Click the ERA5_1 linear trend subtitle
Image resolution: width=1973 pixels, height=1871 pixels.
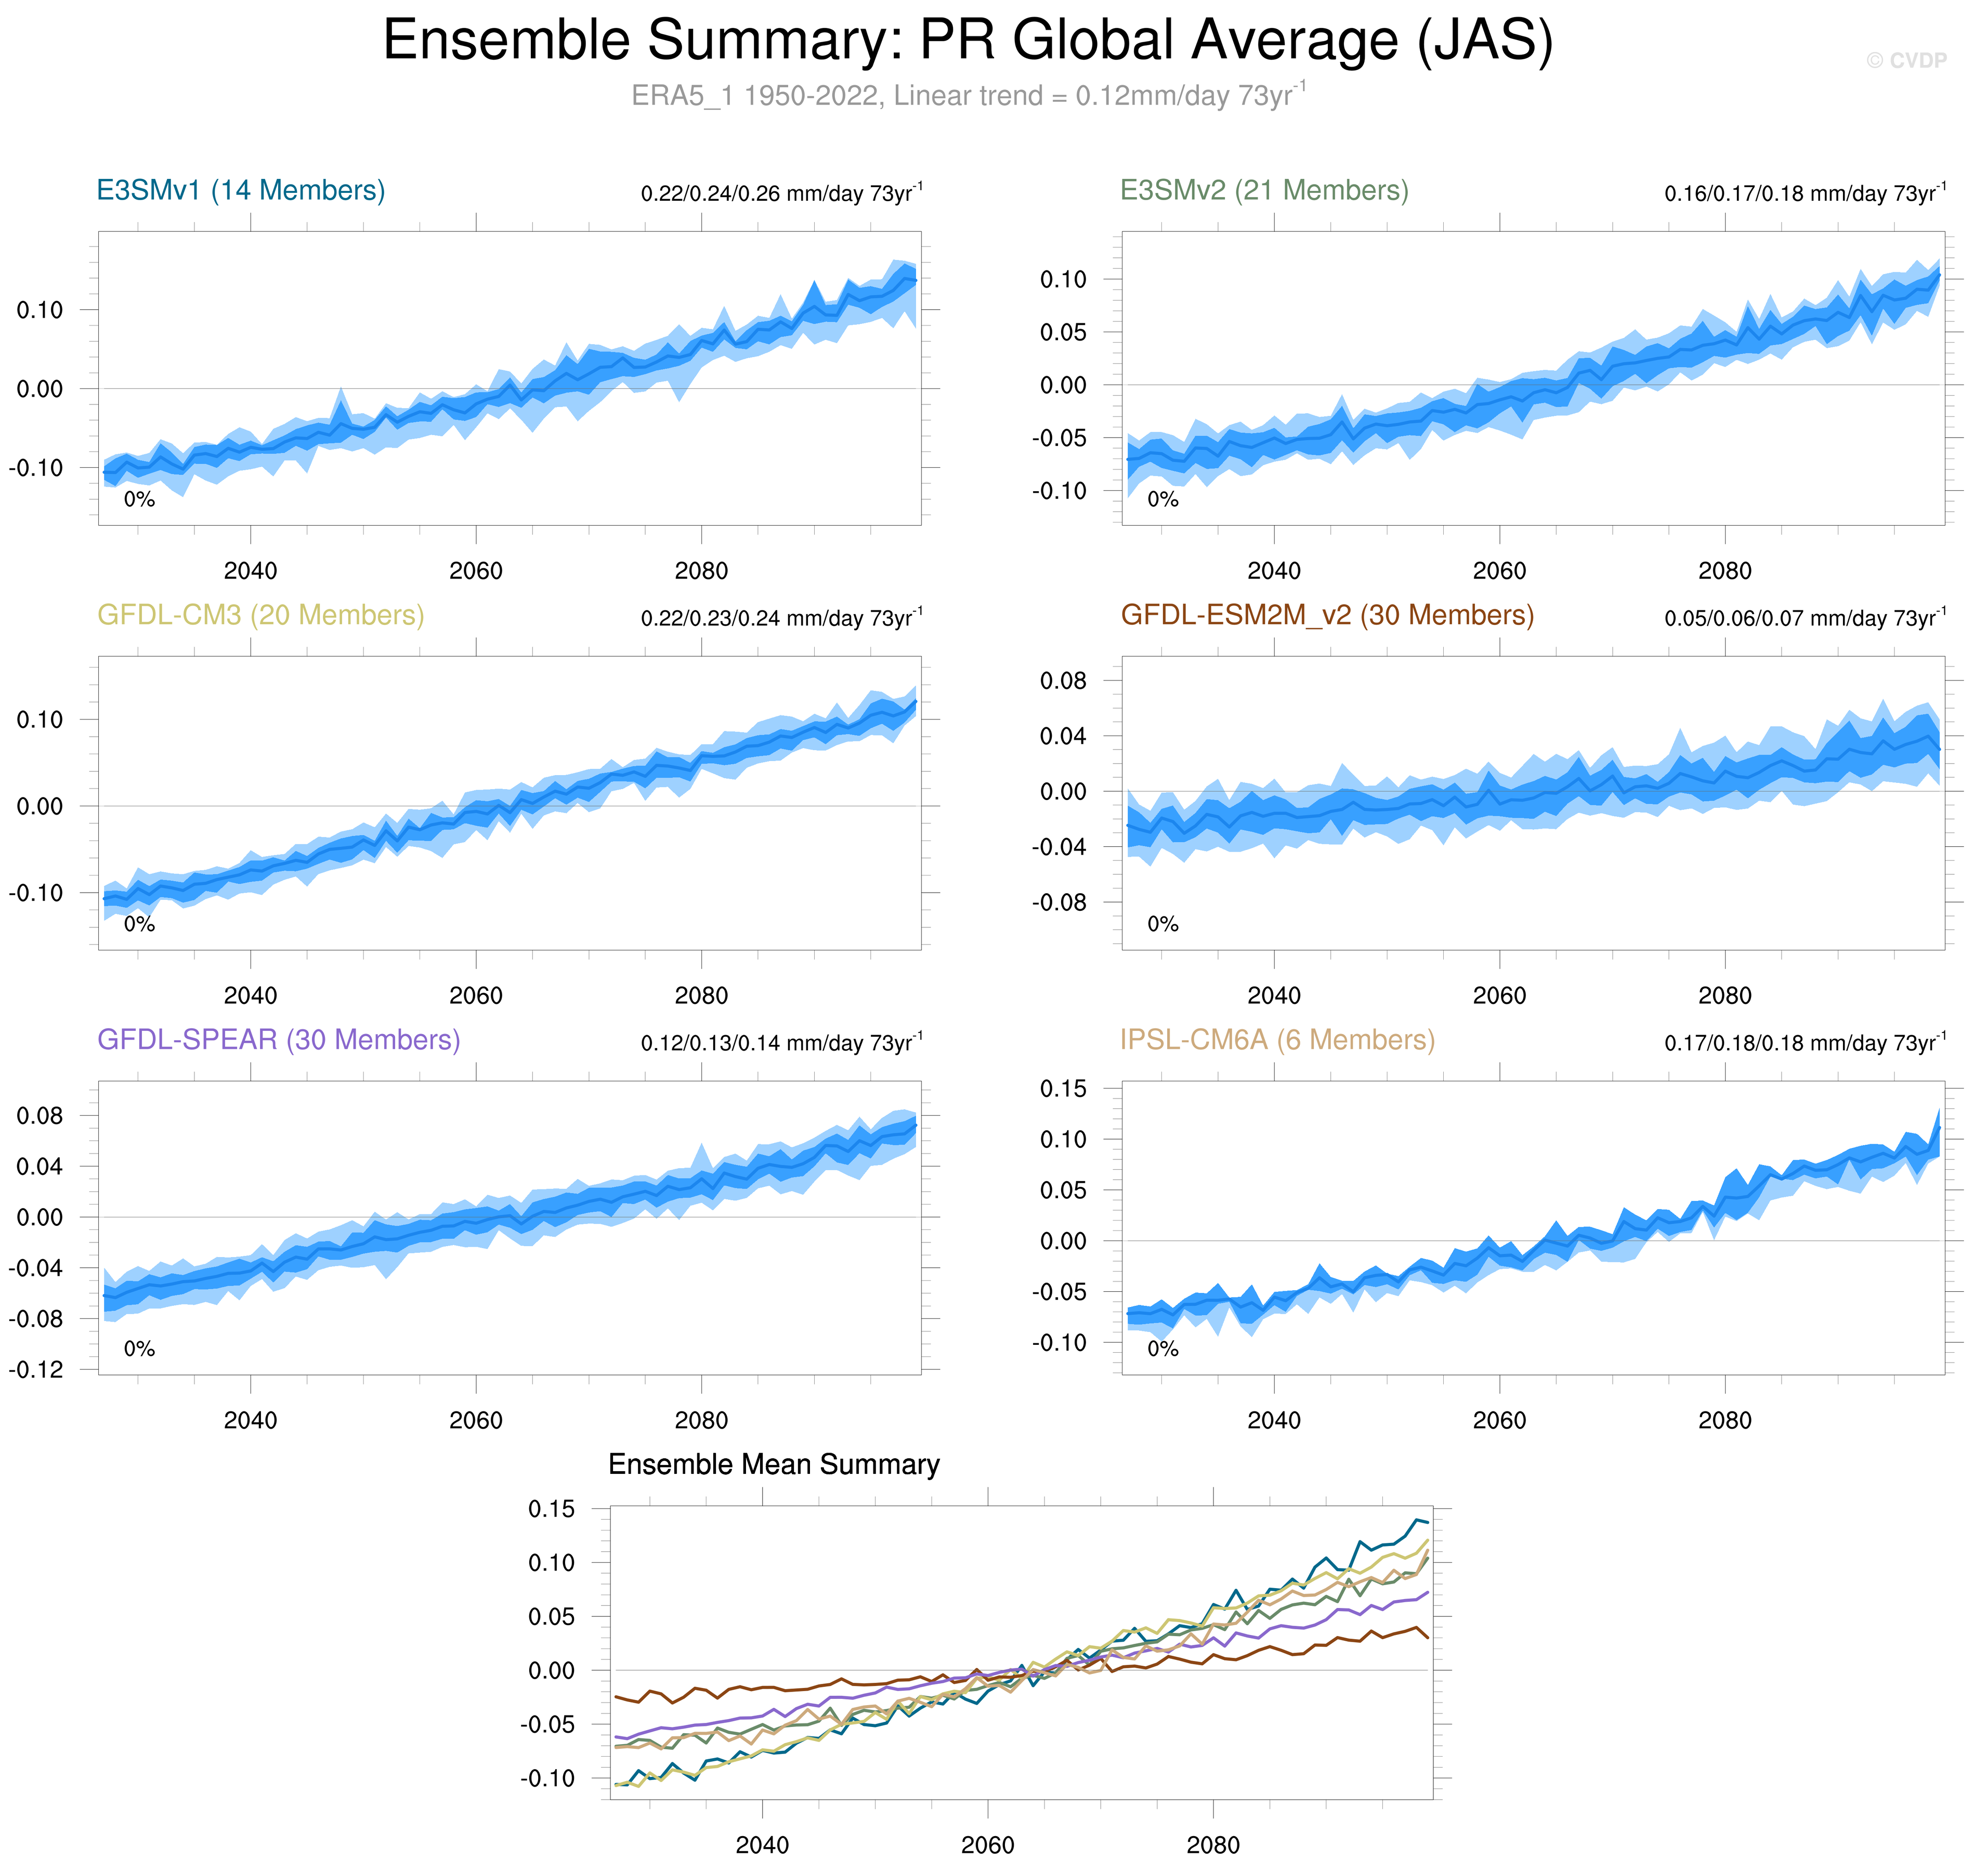[x=968, y=96]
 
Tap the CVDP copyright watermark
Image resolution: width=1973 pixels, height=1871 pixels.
[x=1905, y=61]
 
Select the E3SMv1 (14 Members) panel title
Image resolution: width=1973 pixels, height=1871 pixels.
[x=240, y=190]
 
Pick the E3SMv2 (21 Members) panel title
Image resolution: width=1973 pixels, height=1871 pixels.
[x=1264, y=190]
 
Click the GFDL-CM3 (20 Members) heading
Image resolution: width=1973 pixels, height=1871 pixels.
[x=260, y=616]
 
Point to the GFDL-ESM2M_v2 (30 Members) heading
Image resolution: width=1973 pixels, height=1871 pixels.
[x=1327, y=616]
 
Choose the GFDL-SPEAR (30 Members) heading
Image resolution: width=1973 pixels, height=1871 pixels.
[x=278, y=1040]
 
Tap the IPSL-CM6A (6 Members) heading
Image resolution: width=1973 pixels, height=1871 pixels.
[x=1277, y=1040]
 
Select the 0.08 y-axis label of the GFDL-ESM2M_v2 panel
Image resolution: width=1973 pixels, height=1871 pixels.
[x=1063, y=681]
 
